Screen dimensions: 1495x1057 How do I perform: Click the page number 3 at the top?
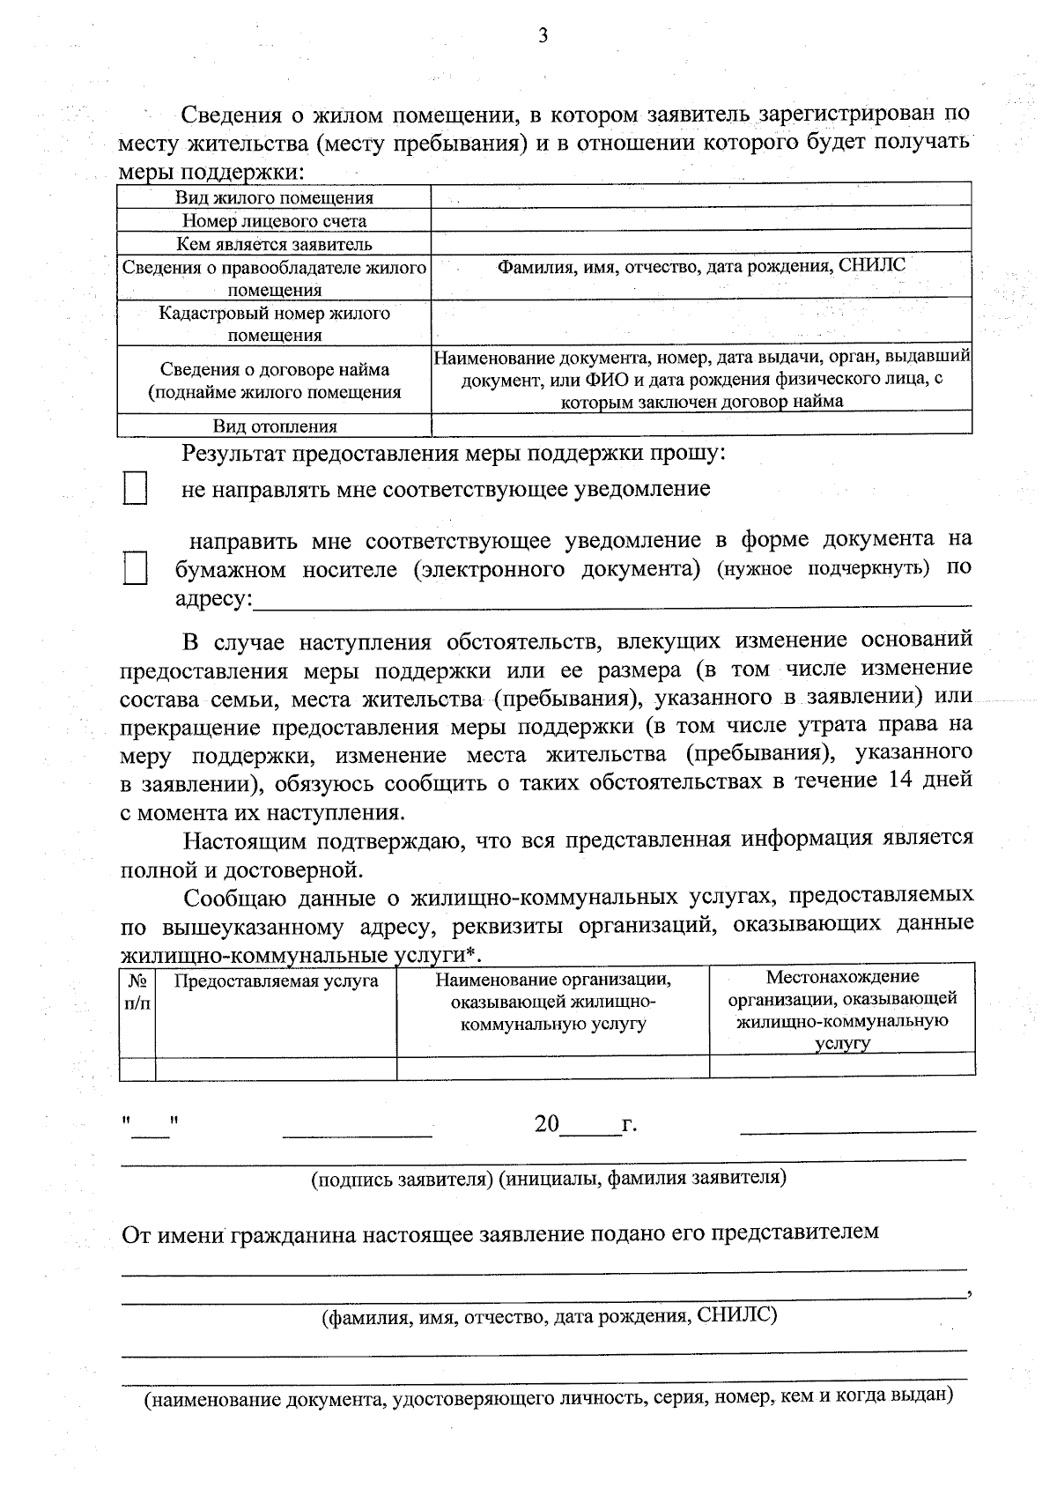543,36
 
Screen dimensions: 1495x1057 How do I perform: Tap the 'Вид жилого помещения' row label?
274,198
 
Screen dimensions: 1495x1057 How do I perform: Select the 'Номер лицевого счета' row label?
274,221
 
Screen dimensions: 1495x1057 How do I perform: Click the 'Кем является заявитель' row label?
274,244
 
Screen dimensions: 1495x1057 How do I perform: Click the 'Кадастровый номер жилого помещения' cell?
274,323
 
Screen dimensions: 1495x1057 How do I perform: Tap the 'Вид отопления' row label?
274,426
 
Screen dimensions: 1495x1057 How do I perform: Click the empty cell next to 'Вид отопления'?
701,426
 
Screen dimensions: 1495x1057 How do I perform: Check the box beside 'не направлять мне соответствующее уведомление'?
135,489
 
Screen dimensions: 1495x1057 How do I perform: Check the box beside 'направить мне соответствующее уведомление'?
135,569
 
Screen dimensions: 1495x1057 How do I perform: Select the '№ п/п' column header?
137,991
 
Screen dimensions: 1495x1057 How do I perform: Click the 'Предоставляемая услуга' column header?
276,981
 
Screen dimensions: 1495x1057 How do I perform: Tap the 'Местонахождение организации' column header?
842,1009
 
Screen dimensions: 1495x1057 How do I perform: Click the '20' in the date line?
546,1124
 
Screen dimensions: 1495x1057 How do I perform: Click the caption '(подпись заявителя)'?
402,1178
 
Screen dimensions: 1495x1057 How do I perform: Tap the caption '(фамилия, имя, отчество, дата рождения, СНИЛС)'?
548,1316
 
